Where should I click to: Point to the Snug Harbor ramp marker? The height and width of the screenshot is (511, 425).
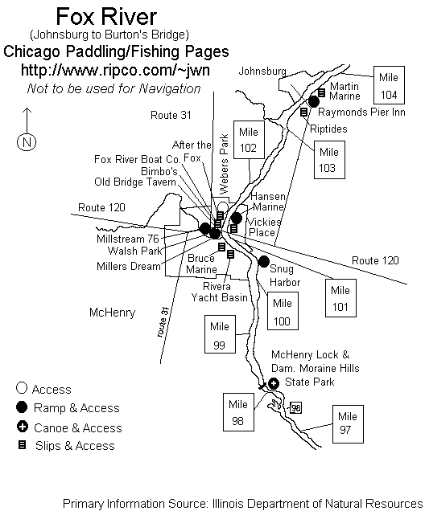[263, 261]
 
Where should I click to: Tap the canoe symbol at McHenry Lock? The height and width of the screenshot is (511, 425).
[274, 383]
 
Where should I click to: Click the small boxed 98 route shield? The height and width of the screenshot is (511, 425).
[295, 407]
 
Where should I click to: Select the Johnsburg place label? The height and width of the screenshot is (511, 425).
[262, 71]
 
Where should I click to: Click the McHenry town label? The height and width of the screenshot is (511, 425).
[113, 313]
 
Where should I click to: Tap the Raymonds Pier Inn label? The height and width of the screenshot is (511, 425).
[361, 112]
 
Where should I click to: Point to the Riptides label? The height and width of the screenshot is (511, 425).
[328, 129]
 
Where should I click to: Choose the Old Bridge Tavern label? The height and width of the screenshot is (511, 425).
[135, 182]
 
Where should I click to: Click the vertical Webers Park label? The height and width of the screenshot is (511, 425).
[224, 164]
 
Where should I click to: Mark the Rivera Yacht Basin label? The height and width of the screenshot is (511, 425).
[219, 292]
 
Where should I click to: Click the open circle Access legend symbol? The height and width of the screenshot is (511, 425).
[22, 388]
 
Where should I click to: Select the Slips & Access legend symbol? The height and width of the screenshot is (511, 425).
[22, 445]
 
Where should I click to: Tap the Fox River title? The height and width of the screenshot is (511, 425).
[106, 16]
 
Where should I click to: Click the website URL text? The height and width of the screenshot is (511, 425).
[115, 70]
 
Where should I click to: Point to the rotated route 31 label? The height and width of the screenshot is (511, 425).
[163, 322]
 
